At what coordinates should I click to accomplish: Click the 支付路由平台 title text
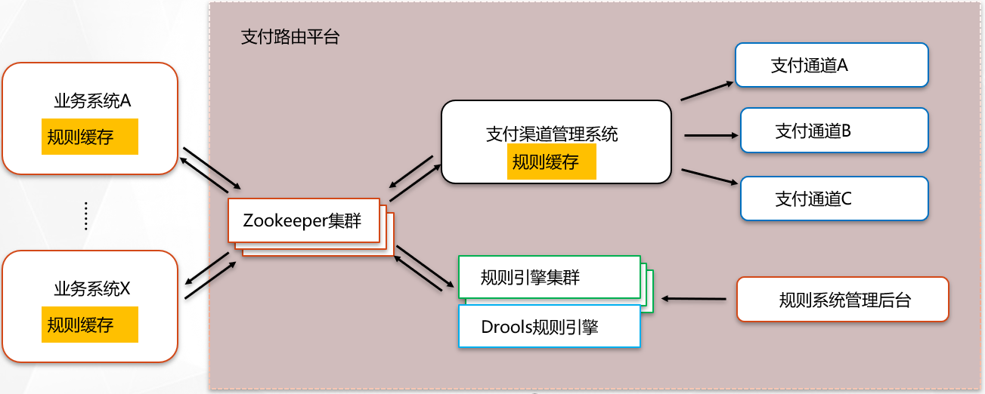pos(290,38)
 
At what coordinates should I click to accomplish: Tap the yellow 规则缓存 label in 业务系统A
pos(90,137)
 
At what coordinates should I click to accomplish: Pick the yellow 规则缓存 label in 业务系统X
pos(90,325)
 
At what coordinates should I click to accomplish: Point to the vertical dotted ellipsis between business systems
pos(86,215)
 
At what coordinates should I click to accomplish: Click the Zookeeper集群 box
pos(302,221)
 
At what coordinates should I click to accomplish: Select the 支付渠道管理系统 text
pos(552,134)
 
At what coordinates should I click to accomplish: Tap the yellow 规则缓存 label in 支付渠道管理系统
pos(552,162)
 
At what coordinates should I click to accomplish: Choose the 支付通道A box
pos(832,65)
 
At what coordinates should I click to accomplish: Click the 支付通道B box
pos(834,131)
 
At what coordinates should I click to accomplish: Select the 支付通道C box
pos(834,199)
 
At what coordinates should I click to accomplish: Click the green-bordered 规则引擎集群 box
pos(549,277)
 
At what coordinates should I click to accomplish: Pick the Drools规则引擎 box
pos(549,327)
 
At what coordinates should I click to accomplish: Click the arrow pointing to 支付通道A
pos(707,91)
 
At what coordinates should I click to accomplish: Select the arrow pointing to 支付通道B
pos(711,136)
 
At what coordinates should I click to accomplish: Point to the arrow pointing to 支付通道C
pos(708,176)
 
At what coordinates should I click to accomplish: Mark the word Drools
pos(505,327)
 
